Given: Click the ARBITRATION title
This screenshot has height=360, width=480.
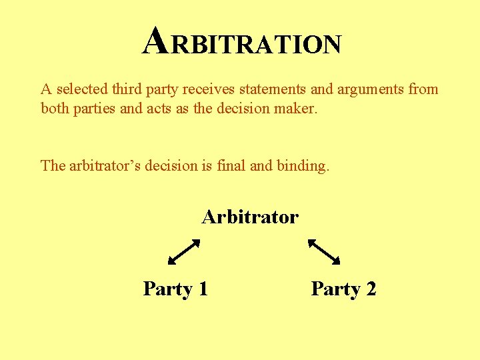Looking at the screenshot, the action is [243, 42].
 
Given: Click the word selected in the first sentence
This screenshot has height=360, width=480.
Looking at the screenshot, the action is [79, 89].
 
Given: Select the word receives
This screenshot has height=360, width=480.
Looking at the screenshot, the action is [217, 89].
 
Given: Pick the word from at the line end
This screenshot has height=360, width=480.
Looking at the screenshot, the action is [423, 89].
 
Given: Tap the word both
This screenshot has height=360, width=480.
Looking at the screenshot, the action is [55, 108].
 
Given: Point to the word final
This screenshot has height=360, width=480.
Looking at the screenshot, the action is [231, 165].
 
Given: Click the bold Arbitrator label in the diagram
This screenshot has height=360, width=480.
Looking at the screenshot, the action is [250, 217].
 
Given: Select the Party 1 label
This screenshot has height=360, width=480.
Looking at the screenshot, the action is [176, 289].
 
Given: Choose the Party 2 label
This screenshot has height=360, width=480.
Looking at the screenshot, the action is [344, 289].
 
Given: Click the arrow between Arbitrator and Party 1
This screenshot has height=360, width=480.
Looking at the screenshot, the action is [184, 252].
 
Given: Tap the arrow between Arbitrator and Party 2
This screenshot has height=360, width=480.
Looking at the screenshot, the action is [324, 252].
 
